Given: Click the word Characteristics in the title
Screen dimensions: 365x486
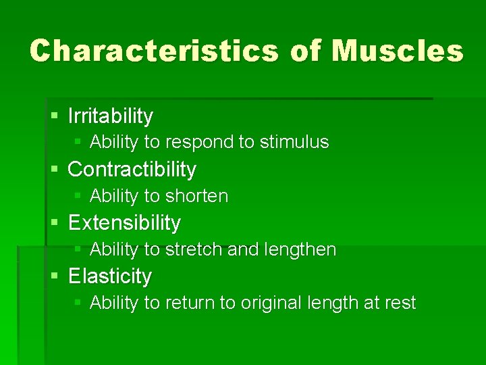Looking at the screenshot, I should (x=153, y=51).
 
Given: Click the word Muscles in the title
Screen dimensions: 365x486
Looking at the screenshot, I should (x=398, y=51).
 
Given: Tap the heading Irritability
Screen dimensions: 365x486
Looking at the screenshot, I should (x=111, y=116).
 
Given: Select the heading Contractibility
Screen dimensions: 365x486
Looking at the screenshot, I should (x=132, y=169).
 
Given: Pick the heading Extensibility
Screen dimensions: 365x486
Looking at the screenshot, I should (x=124, y=222).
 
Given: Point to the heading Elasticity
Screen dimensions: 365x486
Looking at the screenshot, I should (x=110, y=276).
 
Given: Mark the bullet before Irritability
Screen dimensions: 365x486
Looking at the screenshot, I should (x=55, y=116).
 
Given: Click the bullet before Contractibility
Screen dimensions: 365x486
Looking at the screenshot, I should (x=55, y=170).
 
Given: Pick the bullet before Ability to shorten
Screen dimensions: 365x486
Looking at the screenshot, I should (x=78, y=196).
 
